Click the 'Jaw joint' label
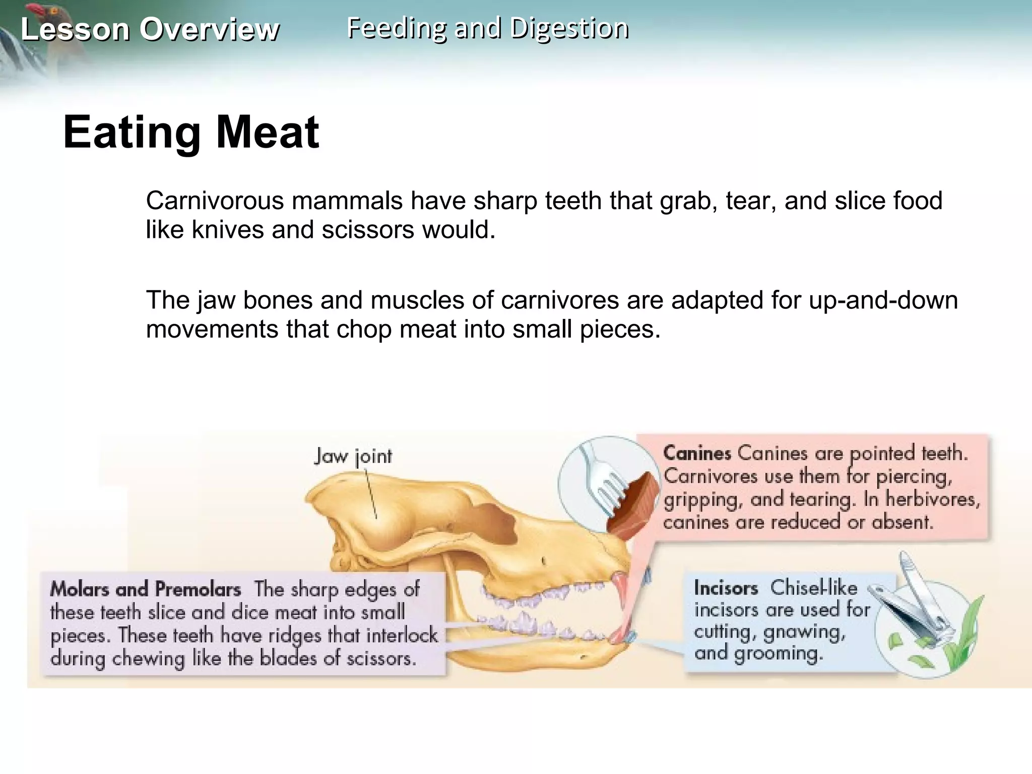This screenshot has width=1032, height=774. coord(353,457)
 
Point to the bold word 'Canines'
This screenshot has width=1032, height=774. coord(697,453)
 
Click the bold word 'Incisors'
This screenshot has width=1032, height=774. coord(726,588)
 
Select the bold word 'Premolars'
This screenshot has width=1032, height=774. coord(198,589)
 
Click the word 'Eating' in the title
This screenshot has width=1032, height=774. coord(132,132)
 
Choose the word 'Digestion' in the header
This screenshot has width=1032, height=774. coord(569,28)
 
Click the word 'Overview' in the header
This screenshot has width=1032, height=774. coord(209,29)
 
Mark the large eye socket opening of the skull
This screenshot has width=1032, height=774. coord(496,522)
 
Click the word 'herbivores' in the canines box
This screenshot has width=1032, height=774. coord(932,499)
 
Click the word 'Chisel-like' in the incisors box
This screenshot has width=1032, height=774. coord(813,588)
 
